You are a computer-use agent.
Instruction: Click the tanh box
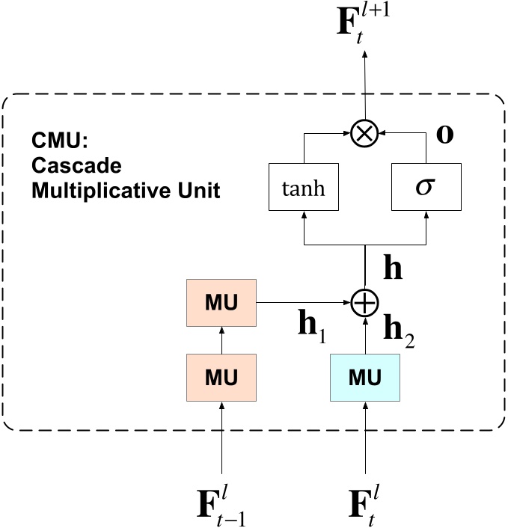(303, 188)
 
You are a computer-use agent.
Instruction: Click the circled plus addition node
(365, 303)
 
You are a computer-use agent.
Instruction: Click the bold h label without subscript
(392, 268)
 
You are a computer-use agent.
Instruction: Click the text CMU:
(55, 140)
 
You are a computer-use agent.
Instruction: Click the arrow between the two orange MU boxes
(221, 340)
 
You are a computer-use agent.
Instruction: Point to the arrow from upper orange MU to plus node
(303, 303)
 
